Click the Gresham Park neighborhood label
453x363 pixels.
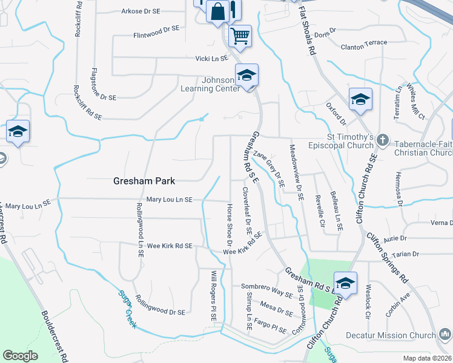144,181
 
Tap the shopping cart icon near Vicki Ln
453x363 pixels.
240,36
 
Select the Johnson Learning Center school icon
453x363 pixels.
246,76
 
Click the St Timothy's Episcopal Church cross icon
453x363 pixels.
382,140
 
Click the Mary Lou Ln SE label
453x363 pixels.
170,200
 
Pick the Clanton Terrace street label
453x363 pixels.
364,44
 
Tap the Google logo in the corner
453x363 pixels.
20,355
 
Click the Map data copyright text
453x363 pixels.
427,358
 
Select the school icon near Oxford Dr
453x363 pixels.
360,99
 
